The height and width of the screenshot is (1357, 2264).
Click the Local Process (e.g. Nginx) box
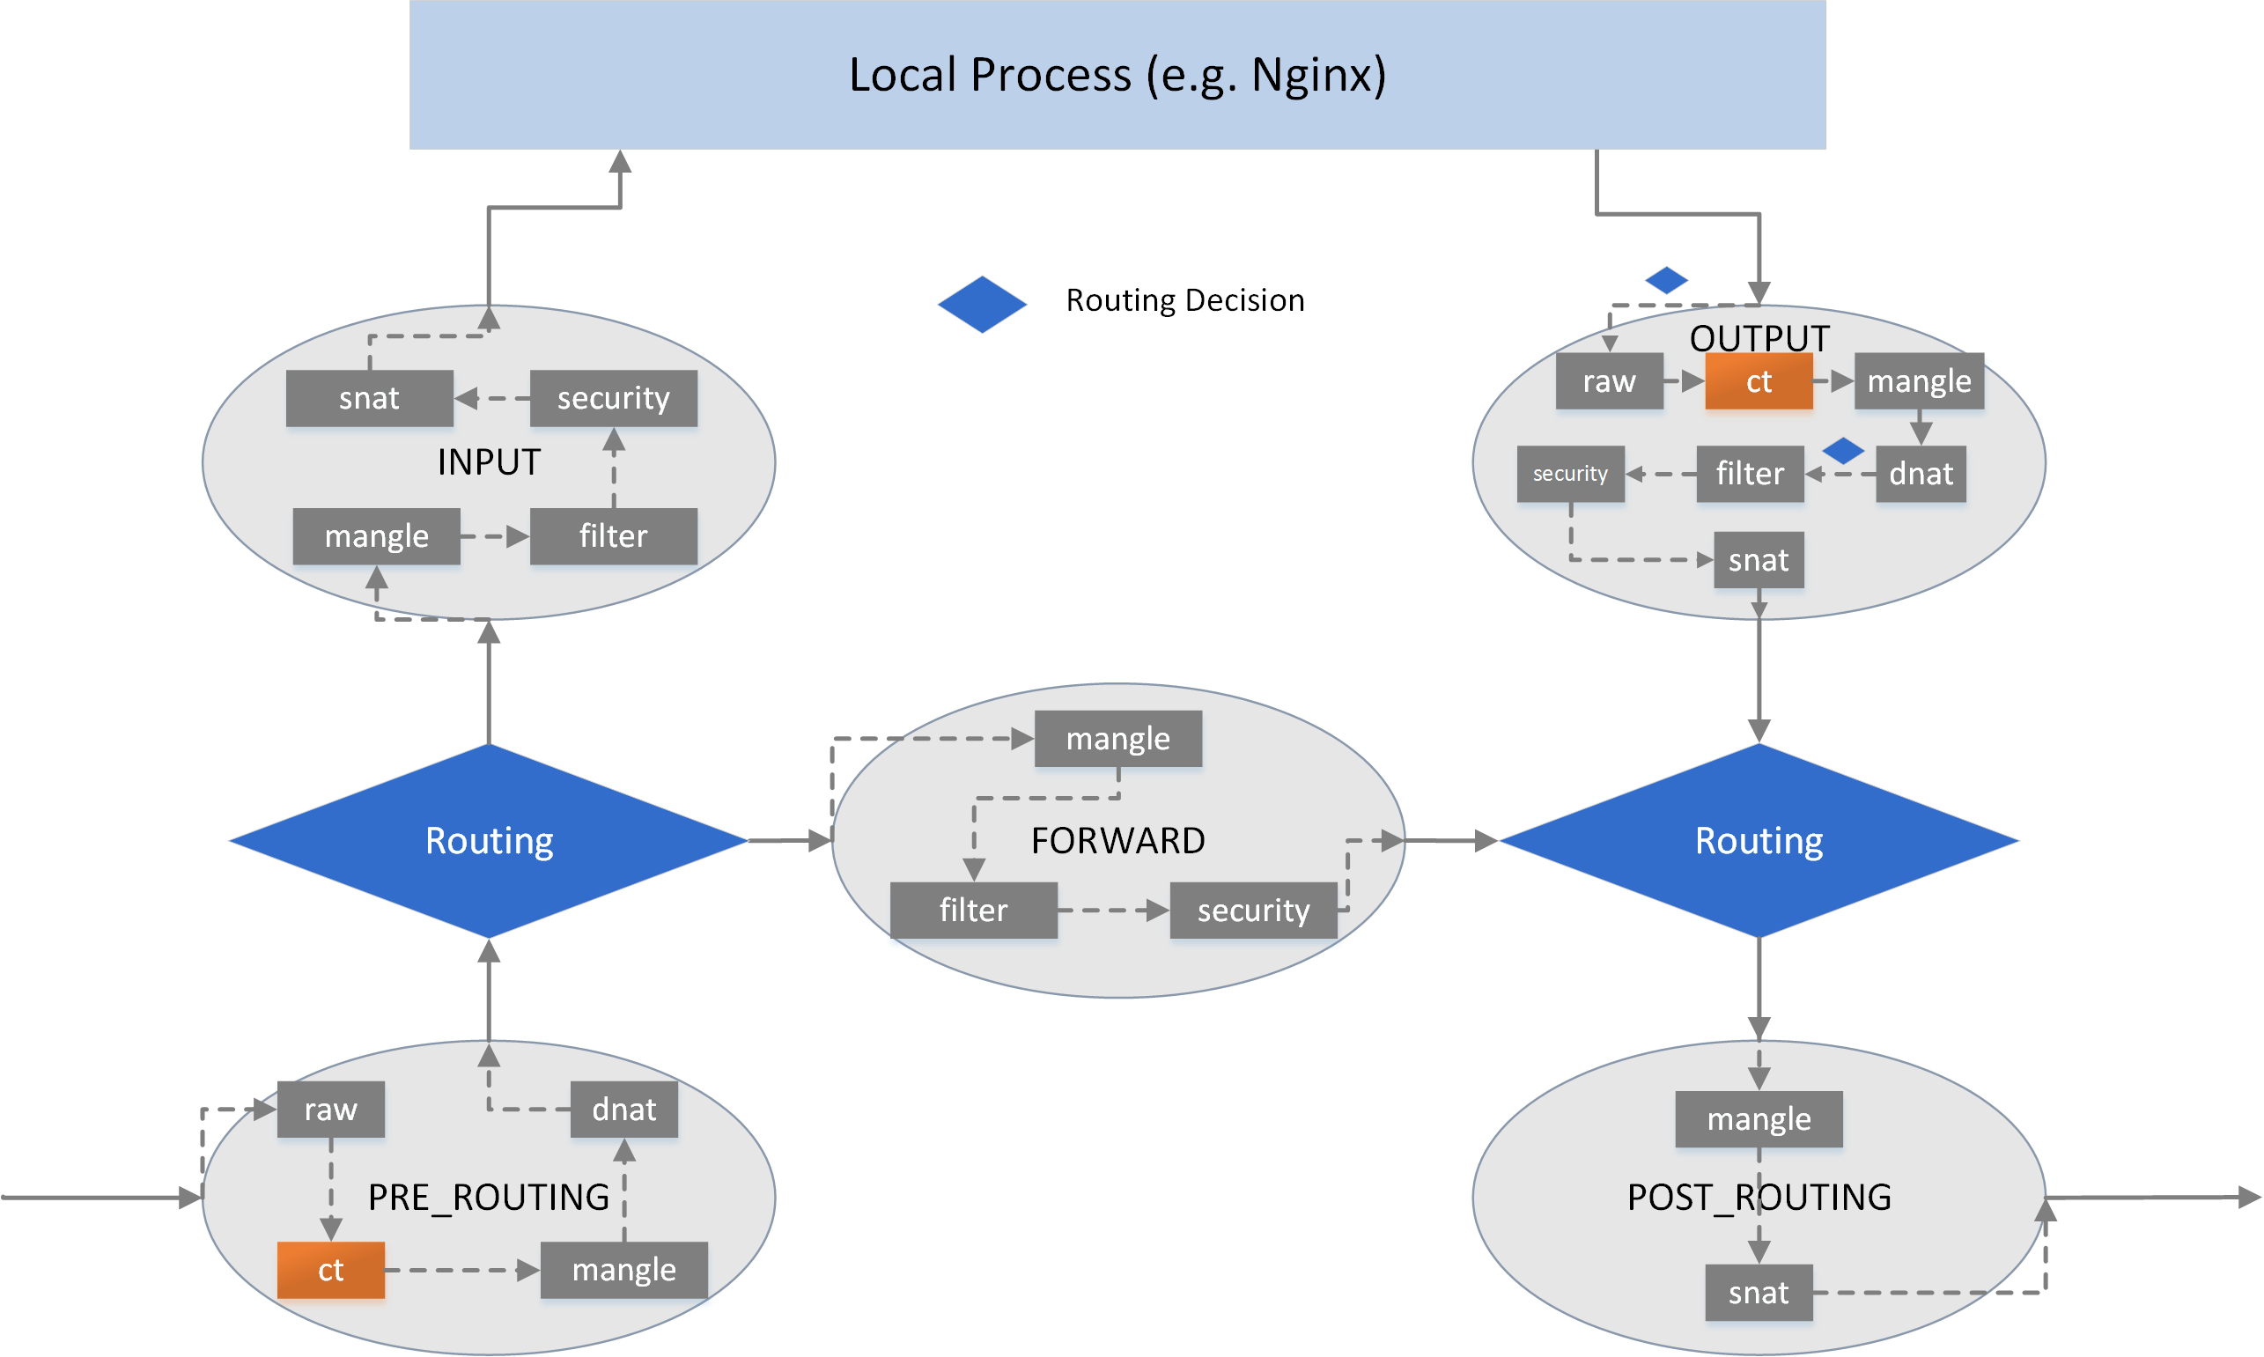[1117, 74]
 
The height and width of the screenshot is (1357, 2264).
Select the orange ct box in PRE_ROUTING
[330, 1269]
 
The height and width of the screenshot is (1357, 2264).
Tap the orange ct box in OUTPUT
[1759, 381]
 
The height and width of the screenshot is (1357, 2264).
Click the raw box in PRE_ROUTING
[330, 1110]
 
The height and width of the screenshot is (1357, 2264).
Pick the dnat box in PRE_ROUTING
[623, 1110]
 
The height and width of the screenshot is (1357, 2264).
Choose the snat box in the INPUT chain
[370, 398]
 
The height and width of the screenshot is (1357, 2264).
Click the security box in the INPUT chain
[614, 398]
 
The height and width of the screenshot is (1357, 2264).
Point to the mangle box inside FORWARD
[1117, 738]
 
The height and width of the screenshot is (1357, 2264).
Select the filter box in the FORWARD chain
[973, 910]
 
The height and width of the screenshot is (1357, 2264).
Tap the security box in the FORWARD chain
[1253, 910]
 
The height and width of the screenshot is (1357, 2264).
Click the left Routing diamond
[490, 840]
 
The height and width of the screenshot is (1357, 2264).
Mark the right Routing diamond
[1759, 840]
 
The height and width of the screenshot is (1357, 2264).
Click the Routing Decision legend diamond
[982, 304]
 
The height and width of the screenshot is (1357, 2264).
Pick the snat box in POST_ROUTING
[1759, 1292]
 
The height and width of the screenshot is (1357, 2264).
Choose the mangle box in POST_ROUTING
[1759, 1118]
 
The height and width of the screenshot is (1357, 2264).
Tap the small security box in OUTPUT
[1570, 474]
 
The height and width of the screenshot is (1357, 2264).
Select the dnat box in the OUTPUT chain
[1921, 474]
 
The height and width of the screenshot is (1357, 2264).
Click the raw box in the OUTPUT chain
[1610, 381]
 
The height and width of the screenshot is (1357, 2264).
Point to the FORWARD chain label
[1117, 840]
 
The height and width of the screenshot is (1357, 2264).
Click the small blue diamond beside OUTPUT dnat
[1842, 450]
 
